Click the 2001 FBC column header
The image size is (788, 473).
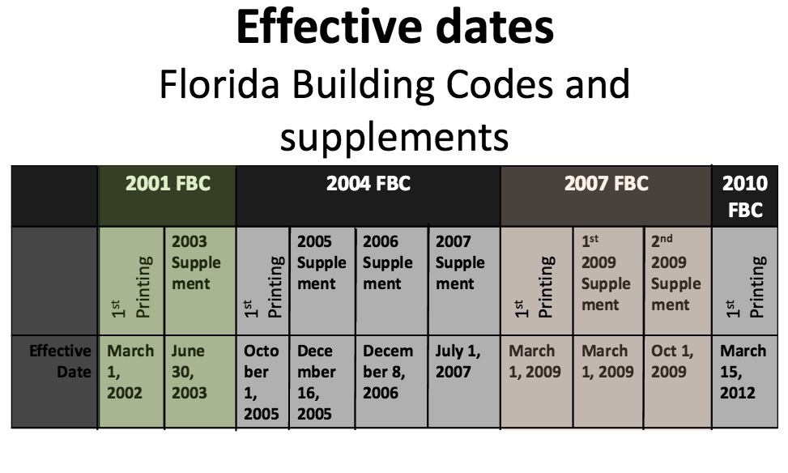168,196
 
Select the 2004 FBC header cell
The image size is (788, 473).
368,196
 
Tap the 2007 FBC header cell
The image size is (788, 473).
606,196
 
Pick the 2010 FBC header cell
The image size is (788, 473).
745,196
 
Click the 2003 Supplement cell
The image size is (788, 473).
200,281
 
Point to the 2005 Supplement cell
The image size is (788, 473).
322,281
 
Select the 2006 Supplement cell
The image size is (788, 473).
391,281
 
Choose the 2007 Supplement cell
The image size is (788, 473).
464,281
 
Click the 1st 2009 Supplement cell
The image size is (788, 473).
608,281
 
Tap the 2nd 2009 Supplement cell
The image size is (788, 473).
677,281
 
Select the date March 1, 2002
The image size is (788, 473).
130,372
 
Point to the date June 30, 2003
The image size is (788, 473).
189,372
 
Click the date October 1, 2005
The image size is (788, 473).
262,382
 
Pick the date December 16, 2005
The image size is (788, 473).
316,382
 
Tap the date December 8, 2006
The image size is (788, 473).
388,372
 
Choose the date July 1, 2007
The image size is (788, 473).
458,361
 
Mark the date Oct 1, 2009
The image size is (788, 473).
672,361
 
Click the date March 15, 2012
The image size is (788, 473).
743,372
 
